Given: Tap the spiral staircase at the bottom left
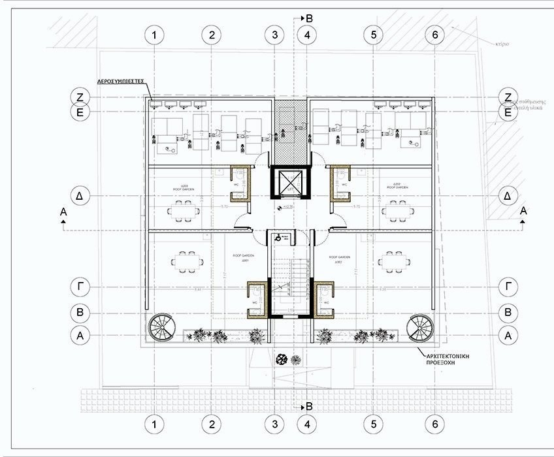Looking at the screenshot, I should pos(161,328).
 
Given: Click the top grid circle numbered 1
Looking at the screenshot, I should pos(154,35).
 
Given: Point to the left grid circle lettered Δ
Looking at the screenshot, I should pos(80,196).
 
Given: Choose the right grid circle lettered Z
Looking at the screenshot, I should pos(508,97).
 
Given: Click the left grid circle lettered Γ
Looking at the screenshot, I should pos(80,285).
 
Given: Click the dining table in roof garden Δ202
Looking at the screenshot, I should pos(398,210).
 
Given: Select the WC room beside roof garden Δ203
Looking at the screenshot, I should pos(240,183).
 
